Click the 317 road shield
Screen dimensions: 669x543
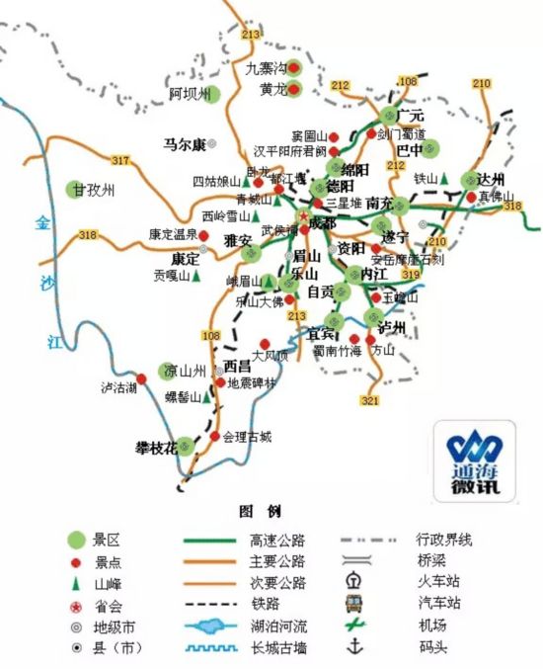click(120, 160)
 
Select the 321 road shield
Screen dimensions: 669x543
click(370, 400)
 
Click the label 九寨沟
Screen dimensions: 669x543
click(266, 68)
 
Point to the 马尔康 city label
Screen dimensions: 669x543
click(185, 144)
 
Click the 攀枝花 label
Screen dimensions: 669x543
click(155, 448)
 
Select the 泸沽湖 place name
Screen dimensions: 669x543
click(117, 386)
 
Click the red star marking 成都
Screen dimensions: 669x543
click(302, 215)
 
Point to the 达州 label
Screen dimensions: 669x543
click(490, 180)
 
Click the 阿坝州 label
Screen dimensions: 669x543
click(191, 94)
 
